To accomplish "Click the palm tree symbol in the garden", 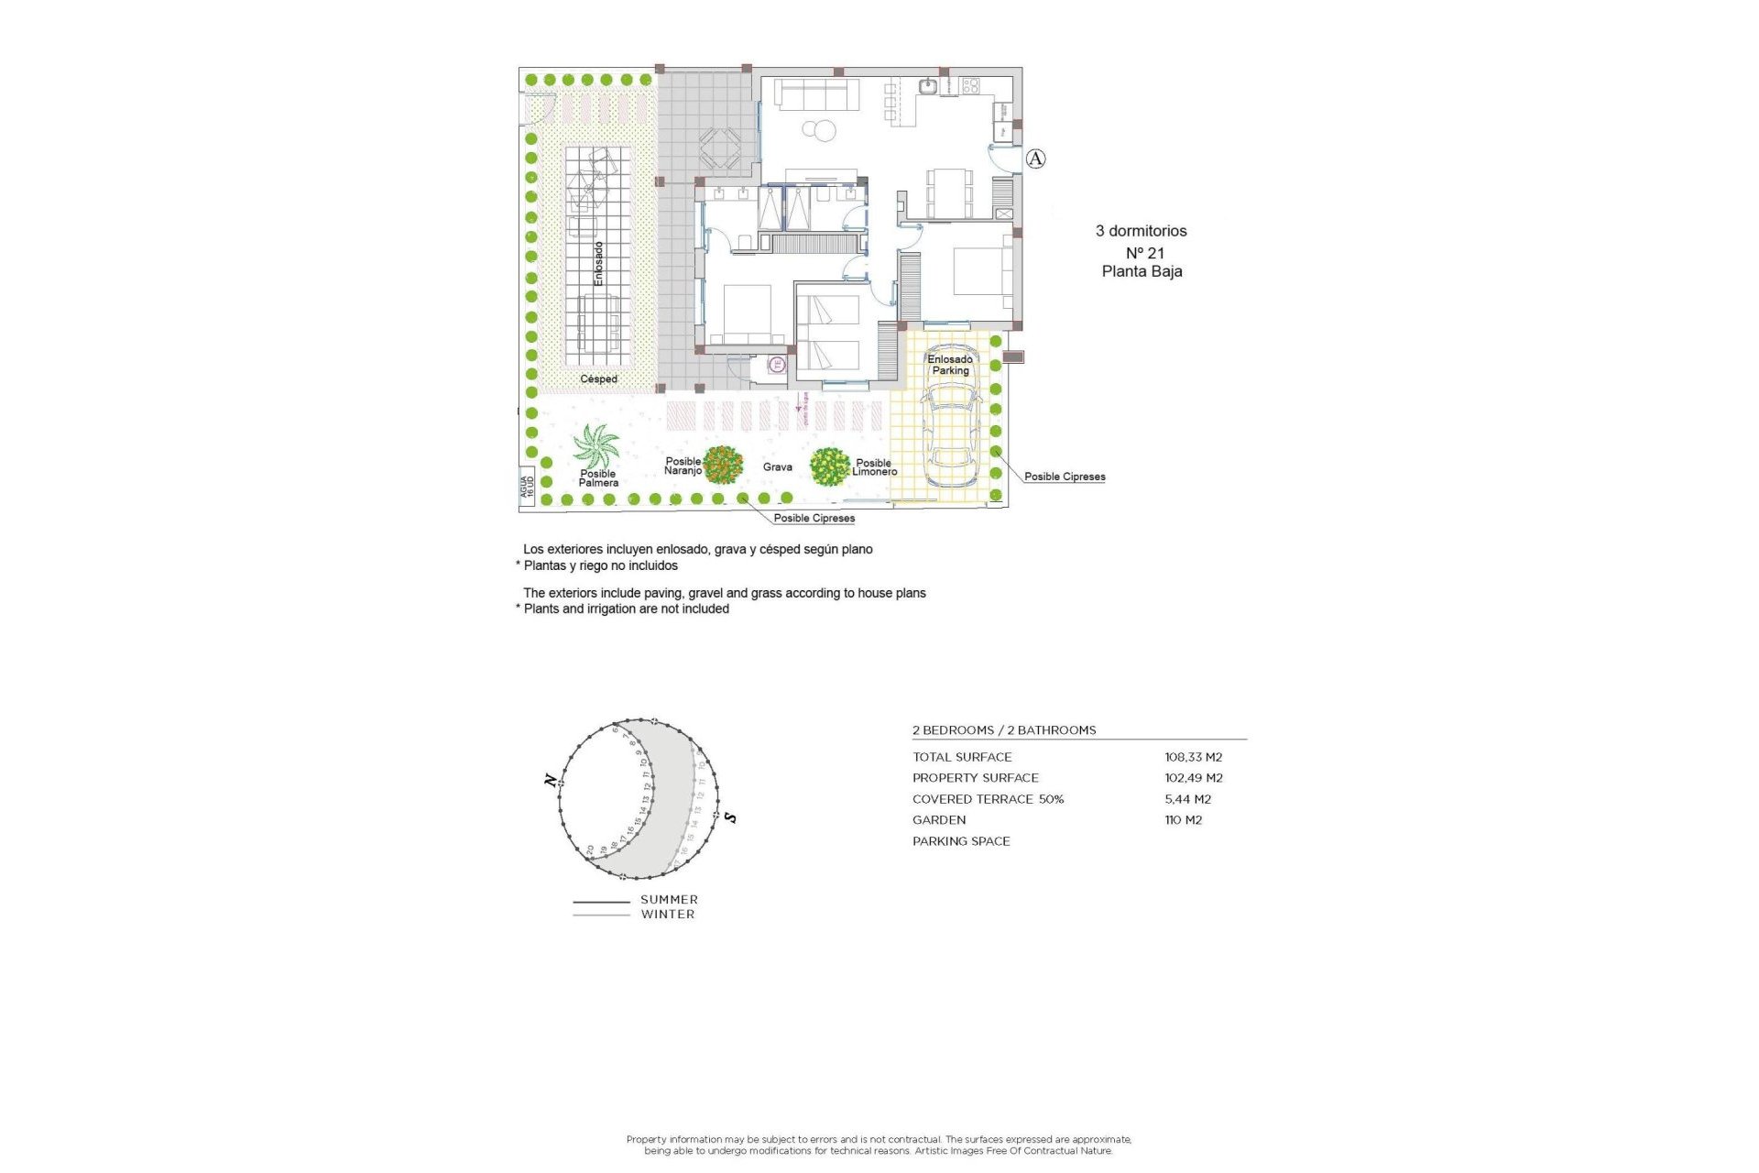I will [x=596, y=445].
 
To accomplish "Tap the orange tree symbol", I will [x=723, y=466].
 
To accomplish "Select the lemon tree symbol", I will [x=829, y=466].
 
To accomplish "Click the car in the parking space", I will [x=951, y=431].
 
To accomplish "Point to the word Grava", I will [x=777, y=467].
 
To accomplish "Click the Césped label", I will [x=598, y=379].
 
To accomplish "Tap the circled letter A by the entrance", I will [x=1035, y=159].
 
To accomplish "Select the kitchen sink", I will [x=928, y=87].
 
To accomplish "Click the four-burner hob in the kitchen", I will [x=970, y=86].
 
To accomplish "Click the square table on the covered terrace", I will [x=720, y=148].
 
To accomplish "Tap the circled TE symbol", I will [x=777, y=365].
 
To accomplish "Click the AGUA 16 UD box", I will [x=527, y=487].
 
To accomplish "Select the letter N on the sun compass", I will [x=550, y=781].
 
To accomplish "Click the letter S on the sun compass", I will [x=730, y=817].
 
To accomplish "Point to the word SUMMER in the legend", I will [x=669, y=900].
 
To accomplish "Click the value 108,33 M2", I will [x=1193, y=757].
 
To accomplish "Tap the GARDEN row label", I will [x=938, y=820].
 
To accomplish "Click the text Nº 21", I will [x=1144, y=253].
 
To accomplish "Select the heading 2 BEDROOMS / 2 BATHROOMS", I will [x=1003, y=730].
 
